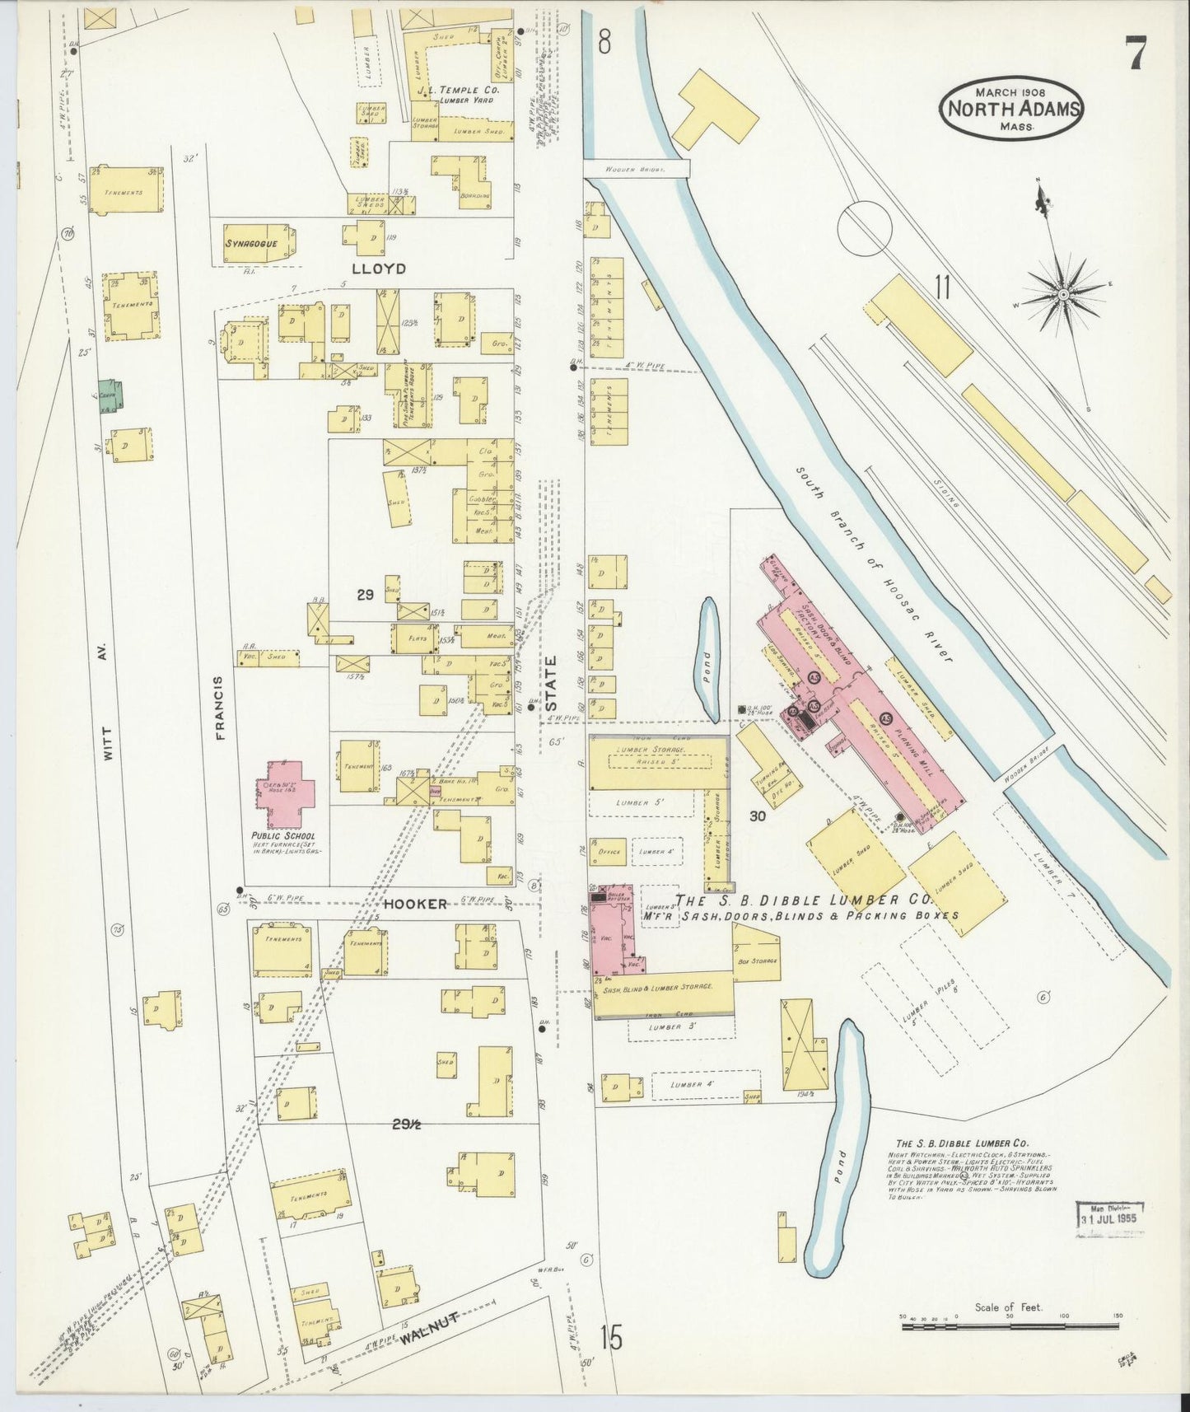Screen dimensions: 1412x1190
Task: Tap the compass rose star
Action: tap(1063, 293)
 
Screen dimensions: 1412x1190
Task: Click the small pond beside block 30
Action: tap(707, 657)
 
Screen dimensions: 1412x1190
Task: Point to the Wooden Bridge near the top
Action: tap(636, 169)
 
